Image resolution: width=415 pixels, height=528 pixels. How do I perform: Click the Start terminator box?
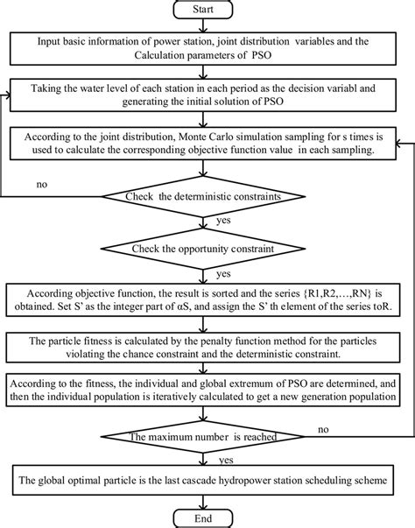coord(207,11)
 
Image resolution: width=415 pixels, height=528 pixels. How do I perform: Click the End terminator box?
coord(207,517)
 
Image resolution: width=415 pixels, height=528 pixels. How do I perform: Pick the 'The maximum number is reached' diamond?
coord(207,435)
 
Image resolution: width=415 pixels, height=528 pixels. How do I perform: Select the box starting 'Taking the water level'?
coord(207,95)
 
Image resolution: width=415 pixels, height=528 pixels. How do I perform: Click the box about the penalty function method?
coord(207,346)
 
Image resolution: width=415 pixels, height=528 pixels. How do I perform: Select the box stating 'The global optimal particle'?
coord(207,481)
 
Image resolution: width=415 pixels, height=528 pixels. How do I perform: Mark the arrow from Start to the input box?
coord(207,26)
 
